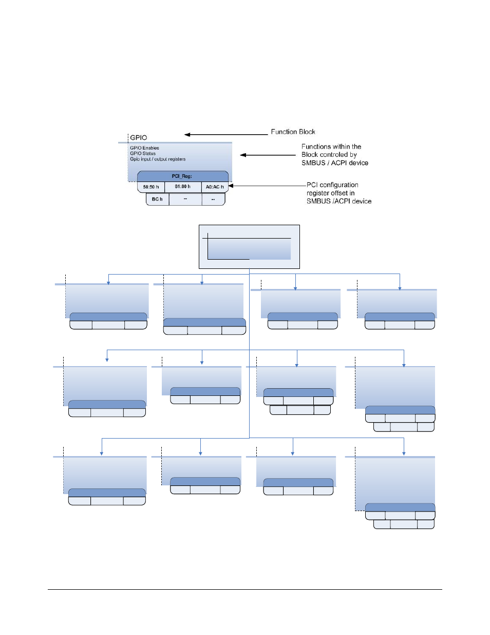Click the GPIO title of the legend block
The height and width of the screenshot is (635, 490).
(138, 137)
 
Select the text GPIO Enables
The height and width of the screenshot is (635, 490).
(144, 148)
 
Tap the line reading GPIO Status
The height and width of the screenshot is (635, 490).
(143, 153)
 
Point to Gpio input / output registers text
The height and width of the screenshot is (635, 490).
(158, 159)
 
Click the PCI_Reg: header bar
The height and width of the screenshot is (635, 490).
(183, 176)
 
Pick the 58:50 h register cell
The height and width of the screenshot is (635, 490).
(151, 187)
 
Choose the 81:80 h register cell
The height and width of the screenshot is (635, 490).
(183, 187)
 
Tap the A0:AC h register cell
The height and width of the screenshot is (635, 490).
(215, 187)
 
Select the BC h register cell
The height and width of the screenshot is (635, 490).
(157, 199)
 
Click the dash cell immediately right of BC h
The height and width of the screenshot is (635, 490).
(185, 199)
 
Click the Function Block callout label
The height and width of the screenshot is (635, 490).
(293, 132)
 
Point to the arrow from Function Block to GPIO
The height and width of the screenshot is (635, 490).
(226, 135)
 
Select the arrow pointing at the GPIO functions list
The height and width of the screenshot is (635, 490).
(268, 155)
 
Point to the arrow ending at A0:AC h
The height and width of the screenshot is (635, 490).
(267, 186)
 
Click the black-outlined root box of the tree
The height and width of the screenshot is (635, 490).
(249, 247)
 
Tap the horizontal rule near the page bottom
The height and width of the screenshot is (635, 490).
(245, 590)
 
